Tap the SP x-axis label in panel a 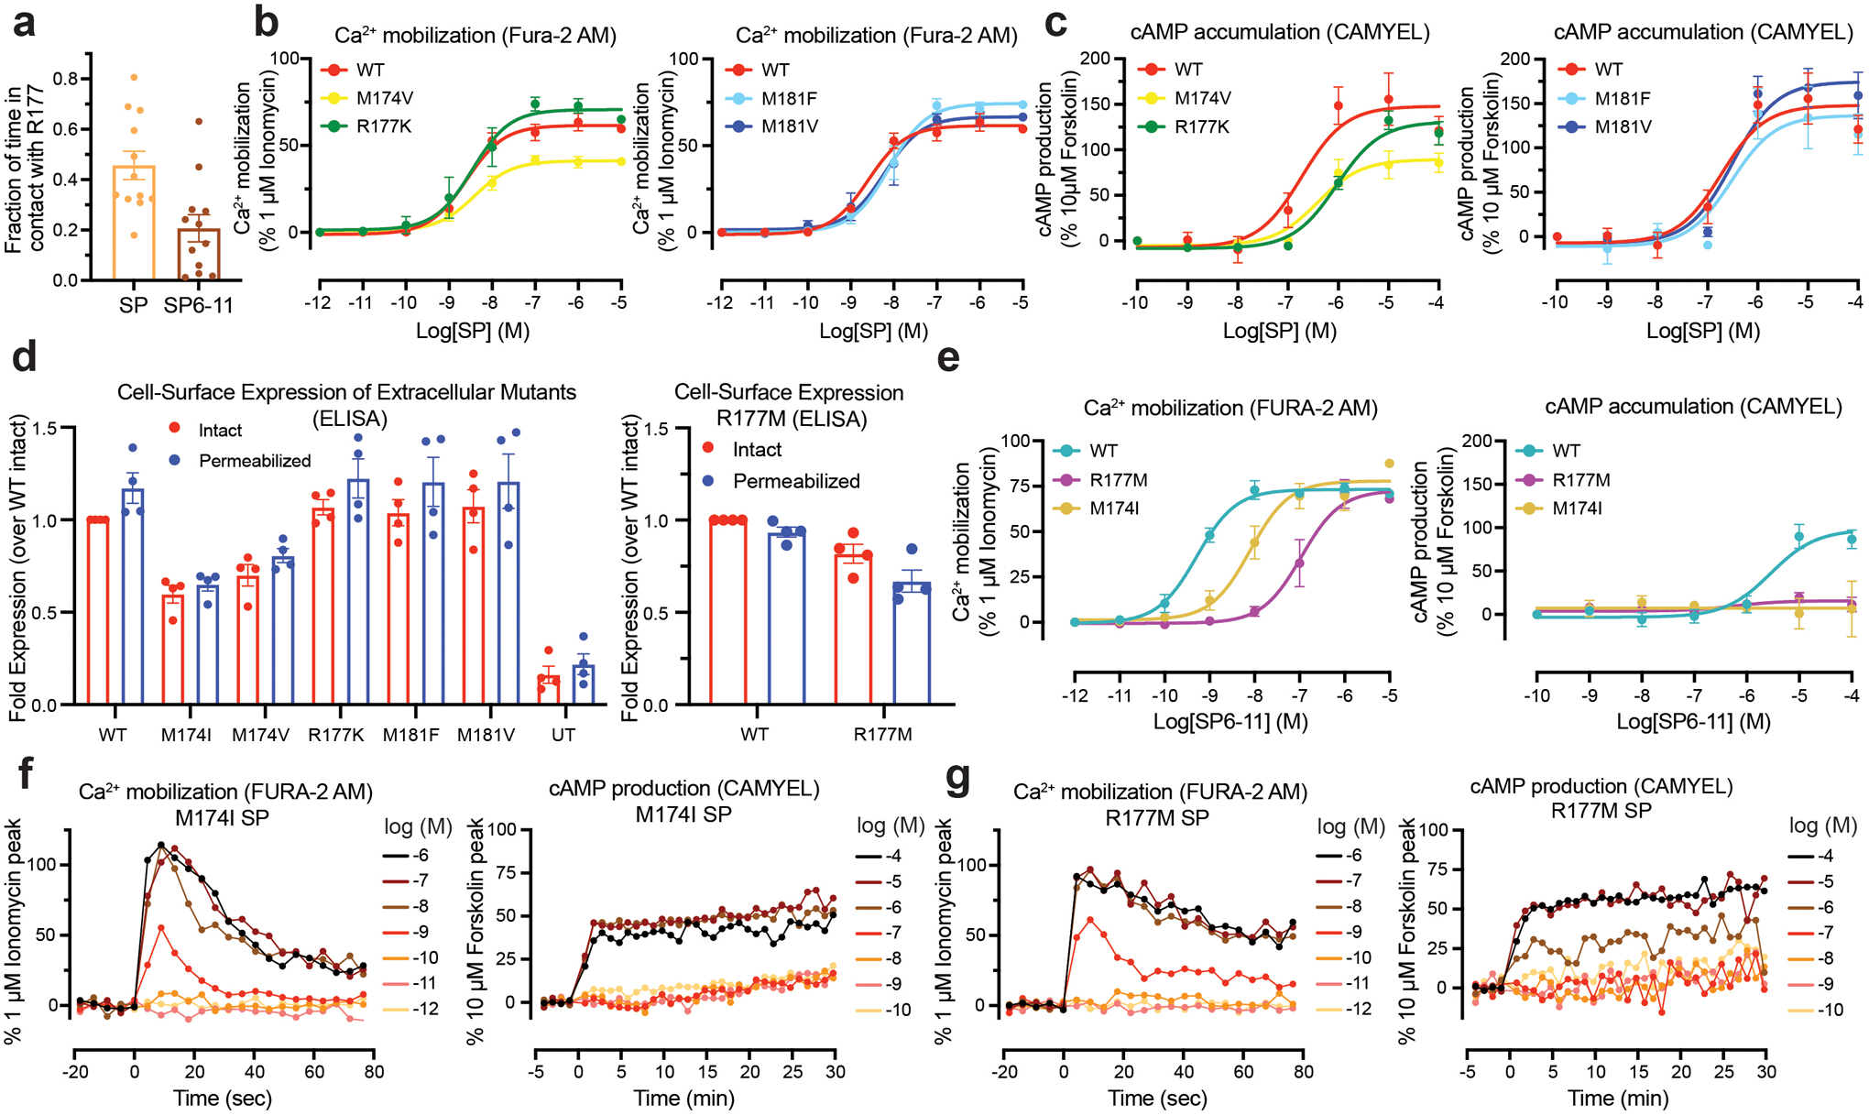[x=133, y=305]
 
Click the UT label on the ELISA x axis [x=563, y=735]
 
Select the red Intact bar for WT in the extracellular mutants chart [x=97, y=612]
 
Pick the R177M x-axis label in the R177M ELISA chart [x=882, y=735]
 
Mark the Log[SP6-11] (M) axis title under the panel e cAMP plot [x=1692, y=722]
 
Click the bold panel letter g [x=957, y=779]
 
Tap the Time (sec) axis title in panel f [x=224, y=1098]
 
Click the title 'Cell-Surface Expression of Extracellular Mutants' [x=347, y=392]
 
